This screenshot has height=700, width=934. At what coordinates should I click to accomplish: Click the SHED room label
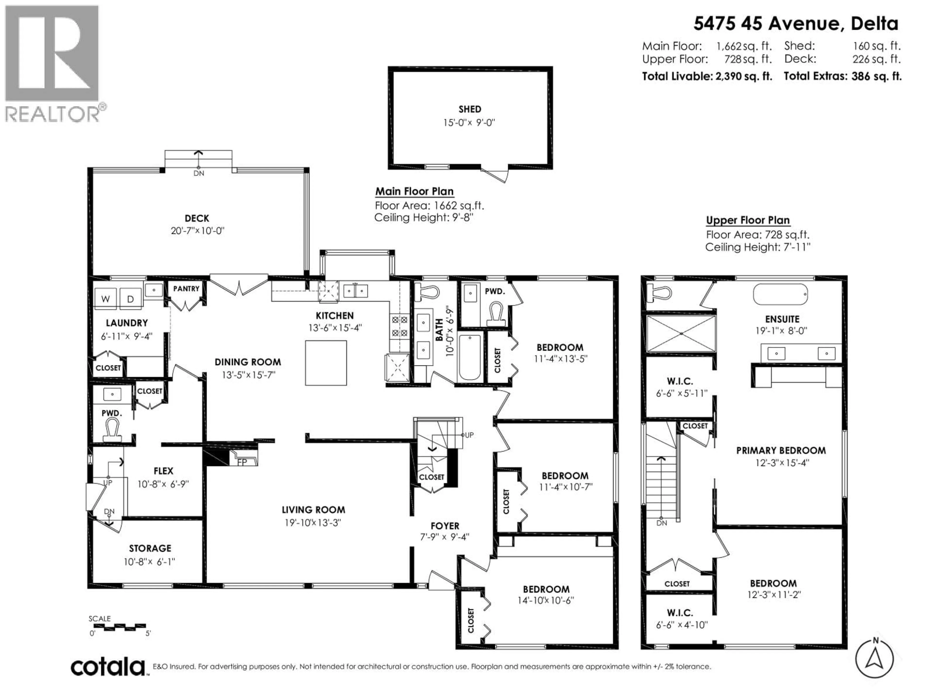[x=469, y=109]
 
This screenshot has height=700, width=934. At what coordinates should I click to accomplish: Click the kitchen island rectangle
[x=326, y=363]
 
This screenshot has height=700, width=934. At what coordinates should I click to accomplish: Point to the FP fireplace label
[x=242, y=462]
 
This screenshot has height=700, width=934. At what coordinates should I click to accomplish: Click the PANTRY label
[x=186, y=289]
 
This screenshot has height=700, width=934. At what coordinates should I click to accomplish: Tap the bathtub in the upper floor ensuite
[x=780, y=294]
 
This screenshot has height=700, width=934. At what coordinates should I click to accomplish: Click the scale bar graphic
[x=119, y=627]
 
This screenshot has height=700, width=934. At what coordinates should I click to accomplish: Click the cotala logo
[x=108, y=667]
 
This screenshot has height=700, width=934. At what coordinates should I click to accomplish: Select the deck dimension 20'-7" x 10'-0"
[x=197, y=231]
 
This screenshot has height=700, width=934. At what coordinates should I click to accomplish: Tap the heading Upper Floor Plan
[x=747, y=220]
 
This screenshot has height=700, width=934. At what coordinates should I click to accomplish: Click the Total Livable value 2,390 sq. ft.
[x=743, y=76]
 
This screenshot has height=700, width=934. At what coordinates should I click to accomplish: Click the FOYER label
[x=445, y=526]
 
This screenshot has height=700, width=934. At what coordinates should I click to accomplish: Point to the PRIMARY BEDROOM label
[x=781, y=450]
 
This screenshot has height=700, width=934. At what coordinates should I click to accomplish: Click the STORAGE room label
[x=150, y=548]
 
